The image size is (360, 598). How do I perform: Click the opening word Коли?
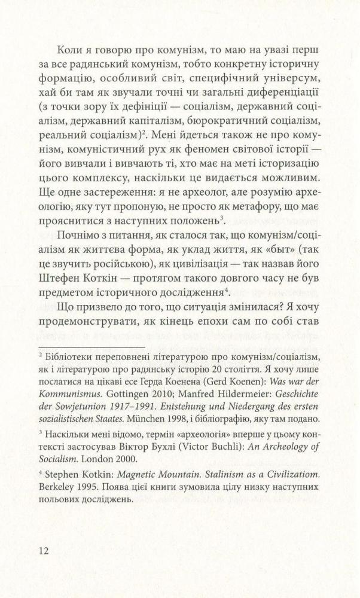tap(70, 51)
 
